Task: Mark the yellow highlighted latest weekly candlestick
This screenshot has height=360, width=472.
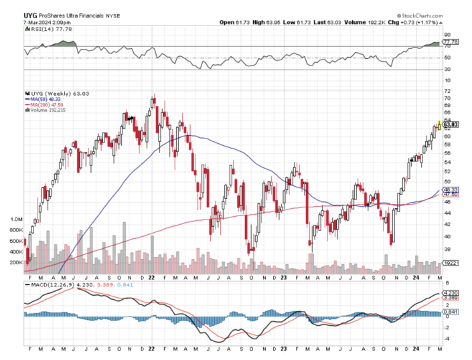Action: click(x=439, y=125)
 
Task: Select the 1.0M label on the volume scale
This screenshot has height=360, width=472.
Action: click(x=15, y=219)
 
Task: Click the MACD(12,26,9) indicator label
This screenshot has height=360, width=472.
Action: click(x=48, y=284)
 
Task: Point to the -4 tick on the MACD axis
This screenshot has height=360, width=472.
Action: click(x=447, y=339)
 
